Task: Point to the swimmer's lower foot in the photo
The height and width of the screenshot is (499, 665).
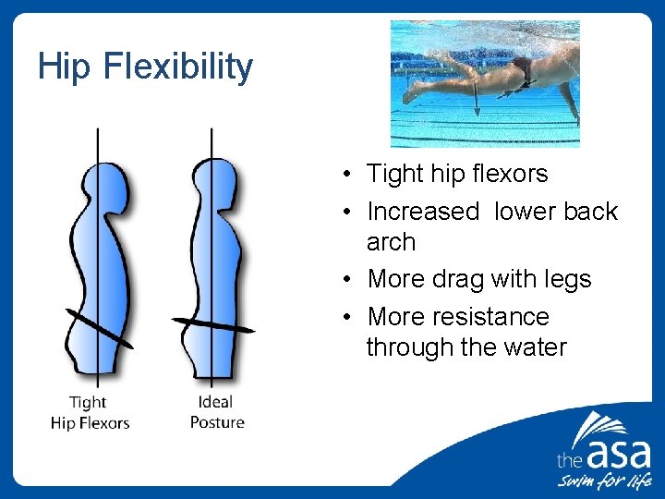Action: (x=410, y=93)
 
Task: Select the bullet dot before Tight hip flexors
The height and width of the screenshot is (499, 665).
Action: (x=342, y=175)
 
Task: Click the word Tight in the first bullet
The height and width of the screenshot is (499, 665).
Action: (x=394, y=174)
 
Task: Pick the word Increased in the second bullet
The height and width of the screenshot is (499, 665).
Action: (x=423, y=212)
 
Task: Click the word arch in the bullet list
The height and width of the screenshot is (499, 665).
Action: (x=391, y=242)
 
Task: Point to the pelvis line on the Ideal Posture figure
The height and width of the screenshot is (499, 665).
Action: (x=212, y=324)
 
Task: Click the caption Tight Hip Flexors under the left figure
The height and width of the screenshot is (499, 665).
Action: (x=90, y=413)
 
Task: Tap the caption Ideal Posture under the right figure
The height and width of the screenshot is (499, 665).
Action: (x=217, y=412)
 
